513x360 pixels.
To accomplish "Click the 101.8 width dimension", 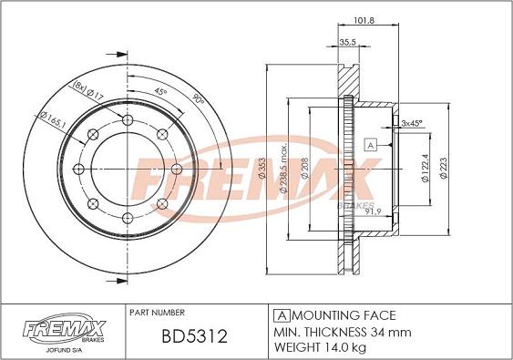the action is pyautogui.click(x=364, y=20).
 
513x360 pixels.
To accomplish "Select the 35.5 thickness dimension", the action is pyautogui.click(x=347, y=42).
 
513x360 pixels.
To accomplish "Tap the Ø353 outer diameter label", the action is pyautogui.click(x=262, y=169).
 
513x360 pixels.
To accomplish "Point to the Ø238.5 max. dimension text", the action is pyautogui.click(x=283, y=169).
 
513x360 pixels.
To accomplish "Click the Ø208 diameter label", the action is pyautogui.click(x=304, y=169).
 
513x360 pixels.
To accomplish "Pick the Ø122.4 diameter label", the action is pyautogui.click(x=425, y=169).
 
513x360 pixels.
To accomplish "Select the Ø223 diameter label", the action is pyautogui.click(x=444, y=169).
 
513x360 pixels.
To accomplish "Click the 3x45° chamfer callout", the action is pyautogui.click(x=412, y=123).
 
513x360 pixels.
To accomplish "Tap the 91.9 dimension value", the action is pyautogui.click(x=374, y=211).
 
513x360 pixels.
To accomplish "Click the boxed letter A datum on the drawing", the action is pyautogui.click(x=370, y=145).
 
